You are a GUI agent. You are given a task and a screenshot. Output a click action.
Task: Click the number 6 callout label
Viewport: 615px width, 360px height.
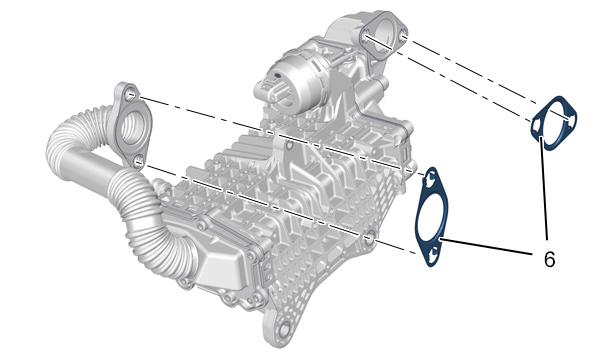pos(549,259)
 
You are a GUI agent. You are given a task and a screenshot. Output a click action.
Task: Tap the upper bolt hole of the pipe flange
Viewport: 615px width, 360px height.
pos(131,94)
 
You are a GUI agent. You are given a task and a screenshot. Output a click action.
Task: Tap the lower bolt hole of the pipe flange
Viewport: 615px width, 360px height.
pos(138,161)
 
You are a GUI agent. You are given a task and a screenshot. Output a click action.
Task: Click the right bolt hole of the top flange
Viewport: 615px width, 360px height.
pos(404,36)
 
